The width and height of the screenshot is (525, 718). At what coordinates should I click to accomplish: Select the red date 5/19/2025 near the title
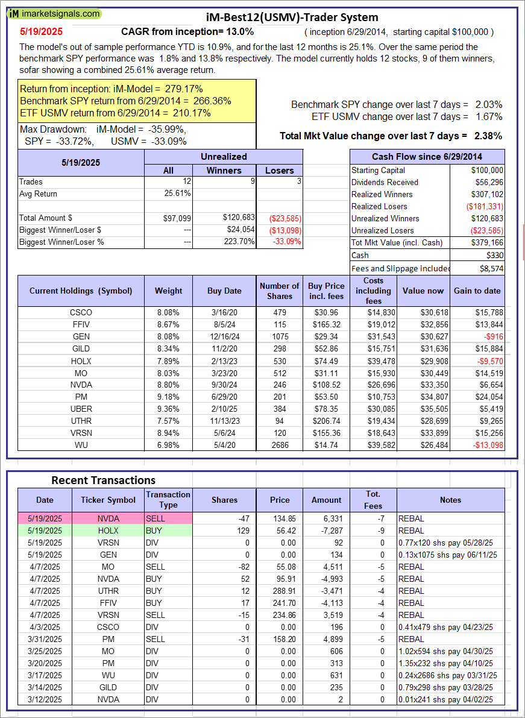tap(41, 31)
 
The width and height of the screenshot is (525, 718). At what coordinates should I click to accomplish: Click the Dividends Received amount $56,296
tap(488, 182)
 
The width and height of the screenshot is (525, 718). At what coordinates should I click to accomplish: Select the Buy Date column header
tap(224, 291)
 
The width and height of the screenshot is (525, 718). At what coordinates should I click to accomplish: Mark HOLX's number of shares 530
tap(278, 361)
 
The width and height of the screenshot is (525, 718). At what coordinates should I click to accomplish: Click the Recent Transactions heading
tap(103, 480)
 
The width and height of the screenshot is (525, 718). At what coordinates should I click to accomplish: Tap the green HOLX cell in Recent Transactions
tap(108, 531)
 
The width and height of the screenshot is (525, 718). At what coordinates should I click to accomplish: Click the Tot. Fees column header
tap(373, 500)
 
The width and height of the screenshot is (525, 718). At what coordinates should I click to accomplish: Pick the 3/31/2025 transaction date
tap(45, 639)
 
